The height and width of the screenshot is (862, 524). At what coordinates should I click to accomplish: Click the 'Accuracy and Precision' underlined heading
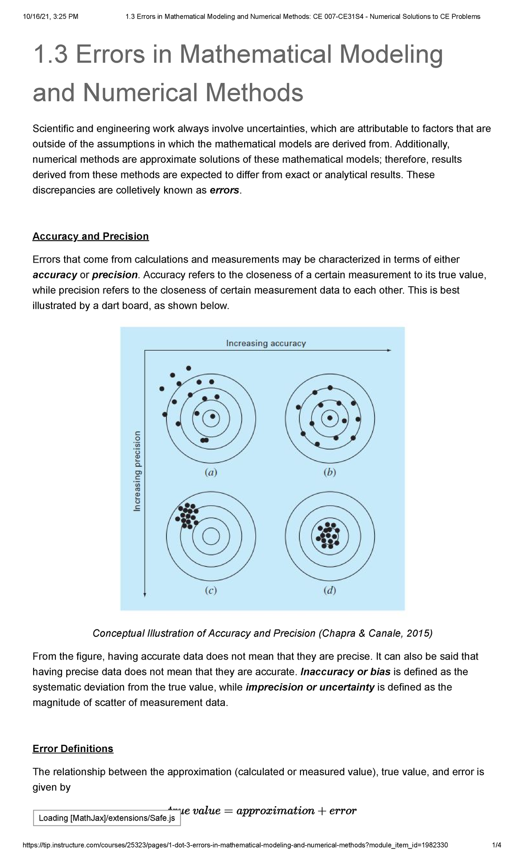point(90,236)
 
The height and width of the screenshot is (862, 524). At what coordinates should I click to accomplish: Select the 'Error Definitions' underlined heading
point(72,749)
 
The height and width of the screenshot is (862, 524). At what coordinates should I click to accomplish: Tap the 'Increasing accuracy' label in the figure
point(265,343)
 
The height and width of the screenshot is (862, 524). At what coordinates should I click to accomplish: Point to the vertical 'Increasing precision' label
point(137,471)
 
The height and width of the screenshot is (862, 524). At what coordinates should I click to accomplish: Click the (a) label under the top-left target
point(211,472)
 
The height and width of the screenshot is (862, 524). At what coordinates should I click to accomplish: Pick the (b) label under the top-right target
point(330,472)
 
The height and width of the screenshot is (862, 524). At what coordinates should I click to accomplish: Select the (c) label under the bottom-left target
point(211,591)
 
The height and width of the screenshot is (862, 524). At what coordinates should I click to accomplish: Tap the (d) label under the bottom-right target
point(330,591)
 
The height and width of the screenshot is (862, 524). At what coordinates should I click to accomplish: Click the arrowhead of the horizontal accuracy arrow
point(389,350)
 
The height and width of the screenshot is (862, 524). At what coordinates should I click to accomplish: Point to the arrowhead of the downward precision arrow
point(145,594)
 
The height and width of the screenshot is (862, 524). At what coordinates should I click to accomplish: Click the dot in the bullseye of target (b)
point(330,418)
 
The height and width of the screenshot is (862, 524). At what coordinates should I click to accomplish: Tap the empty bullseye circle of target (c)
point(211,536)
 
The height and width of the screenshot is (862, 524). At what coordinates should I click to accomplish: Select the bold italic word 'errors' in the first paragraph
point(224,191)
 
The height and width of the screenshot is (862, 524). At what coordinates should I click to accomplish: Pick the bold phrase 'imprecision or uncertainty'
point(310,688)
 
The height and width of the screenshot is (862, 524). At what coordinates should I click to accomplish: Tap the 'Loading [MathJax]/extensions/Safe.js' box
point(107,818)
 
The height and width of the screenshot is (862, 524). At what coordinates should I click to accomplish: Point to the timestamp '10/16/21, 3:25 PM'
point(51,17)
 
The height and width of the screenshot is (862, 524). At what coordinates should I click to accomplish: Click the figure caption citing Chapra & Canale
point(262,633)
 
